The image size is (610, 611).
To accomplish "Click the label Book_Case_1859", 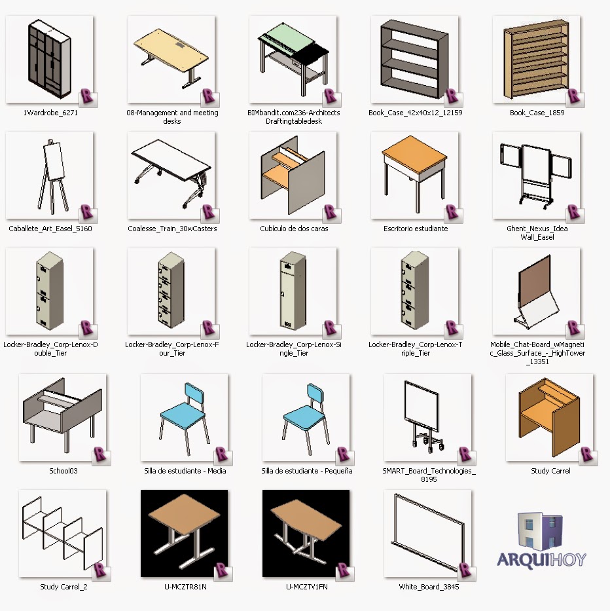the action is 537,113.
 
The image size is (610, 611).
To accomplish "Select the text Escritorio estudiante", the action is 416,229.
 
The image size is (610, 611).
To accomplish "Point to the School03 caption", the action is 63,471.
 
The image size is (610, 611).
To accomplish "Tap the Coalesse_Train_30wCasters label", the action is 172,229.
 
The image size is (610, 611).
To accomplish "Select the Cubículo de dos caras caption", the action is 294,229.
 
